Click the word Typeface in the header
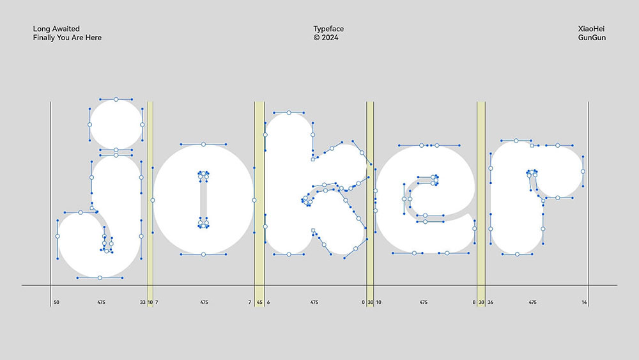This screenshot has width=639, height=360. (328, 29)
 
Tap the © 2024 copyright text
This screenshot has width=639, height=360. (326, 38)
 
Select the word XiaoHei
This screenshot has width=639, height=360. (591, 29)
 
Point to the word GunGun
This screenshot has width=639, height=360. (592, 38)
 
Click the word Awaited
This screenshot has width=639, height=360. (66, 29)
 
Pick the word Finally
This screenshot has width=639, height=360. (43, 38)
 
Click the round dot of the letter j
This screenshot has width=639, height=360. (116, 124)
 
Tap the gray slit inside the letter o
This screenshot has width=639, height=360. (203, 200)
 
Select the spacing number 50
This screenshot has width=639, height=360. (56, 302)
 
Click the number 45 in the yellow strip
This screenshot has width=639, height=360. (259, 302)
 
